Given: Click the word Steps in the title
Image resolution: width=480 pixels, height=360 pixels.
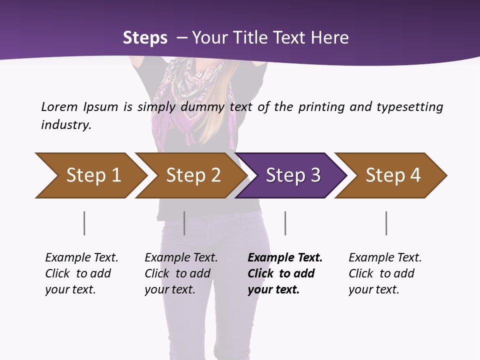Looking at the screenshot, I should pos(145,38).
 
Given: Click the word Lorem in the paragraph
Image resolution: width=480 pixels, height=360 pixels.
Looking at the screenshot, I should pos(59,107).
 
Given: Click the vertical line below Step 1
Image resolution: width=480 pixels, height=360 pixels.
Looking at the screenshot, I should pos(84,223).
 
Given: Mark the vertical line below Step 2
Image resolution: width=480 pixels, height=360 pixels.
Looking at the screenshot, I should pos(184,223).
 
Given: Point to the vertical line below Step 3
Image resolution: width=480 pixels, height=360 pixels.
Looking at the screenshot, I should pos(285,223).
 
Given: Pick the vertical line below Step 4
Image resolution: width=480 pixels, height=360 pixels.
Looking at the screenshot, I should pos(386,223).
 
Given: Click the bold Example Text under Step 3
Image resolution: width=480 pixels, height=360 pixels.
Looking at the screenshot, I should pos(285,258).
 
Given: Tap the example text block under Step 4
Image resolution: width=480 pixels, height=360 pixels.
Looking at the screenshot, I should pos(385,273).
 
